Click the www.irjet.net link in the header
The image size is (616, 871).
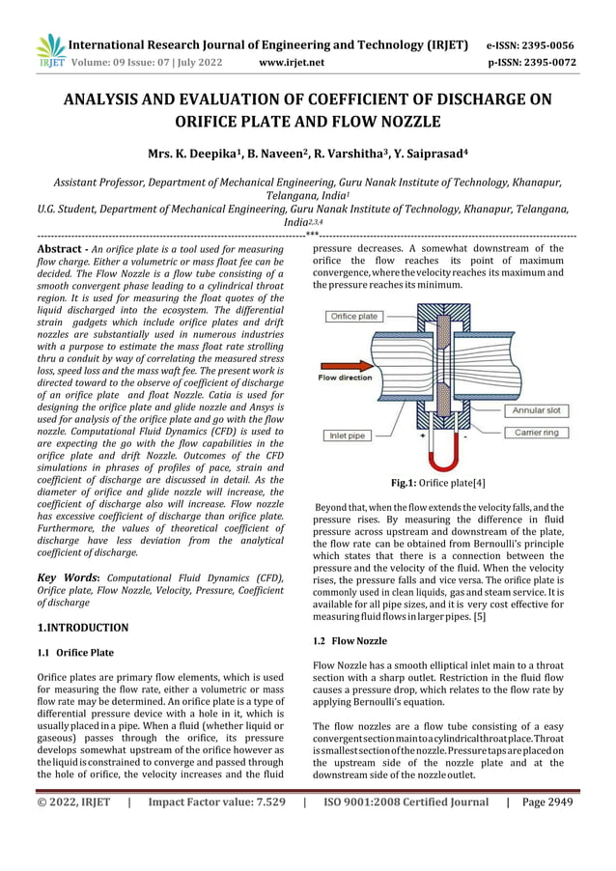[293, 64]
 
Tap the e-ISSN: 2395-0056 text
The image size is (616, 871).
[530, 45]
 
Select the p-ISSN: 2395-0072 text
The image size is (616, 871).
[530, 64]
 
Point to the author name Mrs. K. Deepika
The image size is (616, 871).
[190, 154]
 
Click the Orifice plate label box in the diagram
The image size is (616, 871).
[354, 317]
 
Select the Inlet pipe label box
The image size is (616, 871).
[347, 435]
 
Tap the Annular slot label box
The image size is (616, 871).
[543, 409]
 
